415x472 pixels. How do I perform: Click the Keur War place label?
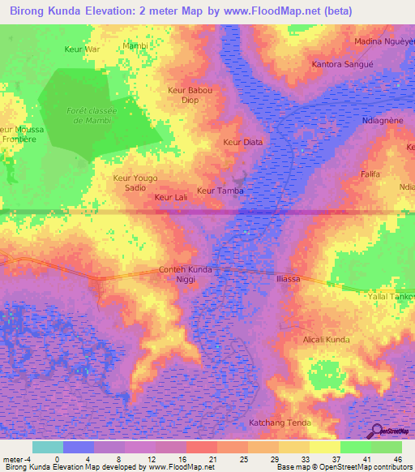pyautogui.click(x=81, y=49)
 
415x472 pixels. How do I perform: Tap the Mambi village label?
pyautogui.click(x=135, y=45)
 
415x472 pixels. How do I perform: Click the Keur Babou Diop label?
pyautogui.click(x=190, y=95)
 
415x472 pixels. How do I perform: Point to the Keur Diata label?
pyautogui.click(x=243, y=142)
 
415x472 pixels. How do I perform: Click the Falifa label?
pyautogui.click(x=370, y=174)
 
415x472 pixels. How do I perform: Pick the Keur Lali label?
pyautogui.click(x=171, y=196)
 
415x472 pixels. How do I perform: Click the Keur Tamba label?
pyautogui.click(x=220, y=191)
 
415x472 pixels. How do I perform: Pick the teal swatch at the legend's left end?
pyautogui.click(x=48, y=447)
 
